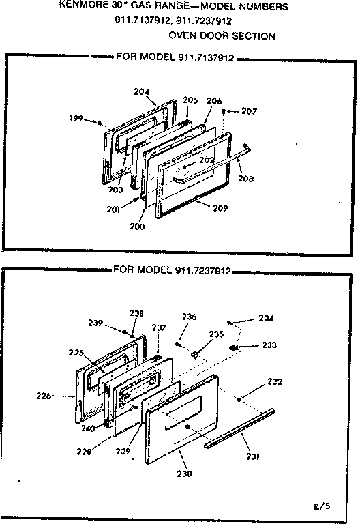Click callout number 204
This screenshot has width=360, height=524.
point(142,91)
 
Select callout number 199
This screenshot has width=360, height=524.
point(76,119)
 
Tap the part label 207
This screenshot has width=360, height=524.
point(249,111)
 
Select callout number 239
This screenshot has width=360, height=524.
point(97,323)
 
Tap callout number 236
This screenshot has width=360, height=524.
point(189,317)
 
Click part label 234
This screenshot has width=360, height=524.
point(267,318)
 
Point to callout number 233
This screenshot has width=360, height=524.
point(269,345)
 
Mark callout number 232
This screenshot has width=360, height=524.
point(275,381)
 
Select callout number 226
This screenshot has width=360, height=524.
point(44,395)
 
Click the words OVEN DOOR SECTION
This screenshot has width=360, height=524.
point(222,35)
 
